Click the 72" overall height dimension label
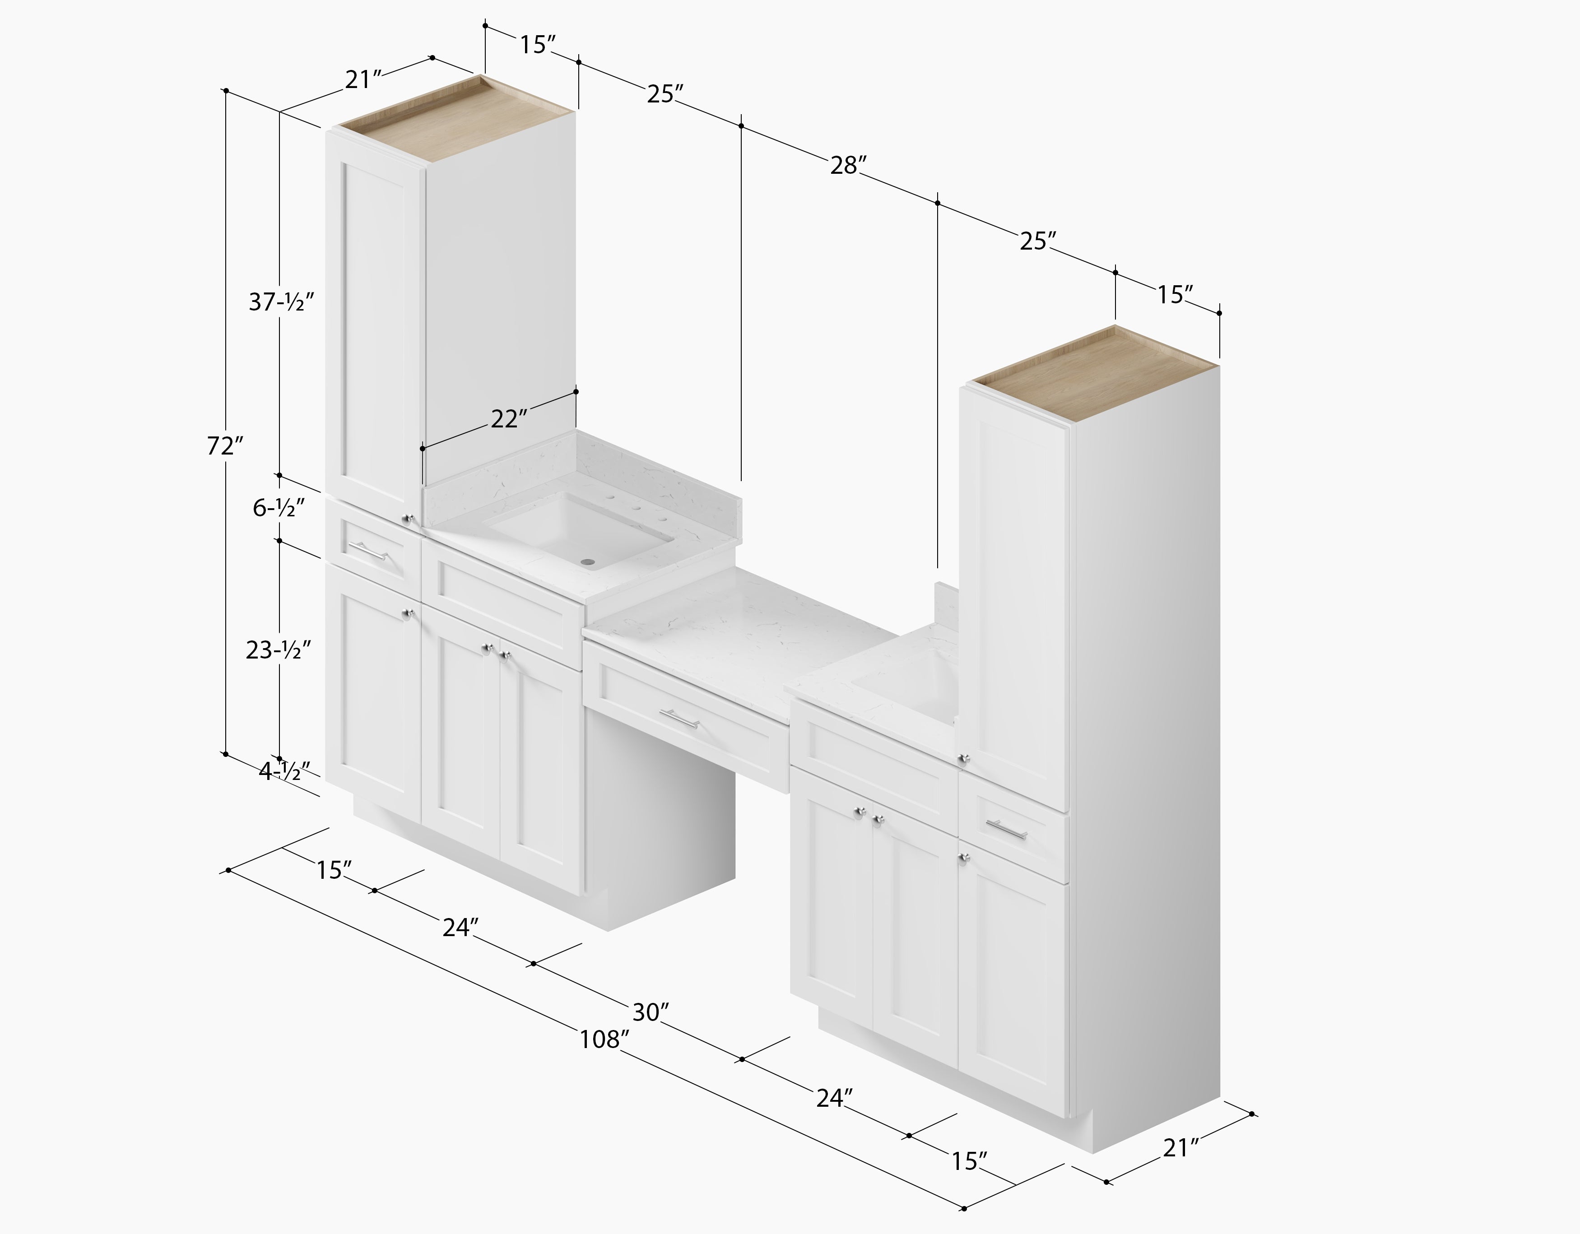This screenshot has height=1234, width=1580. click(225, 446)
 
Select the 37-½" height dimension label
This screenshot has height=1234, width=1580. click(281, 302)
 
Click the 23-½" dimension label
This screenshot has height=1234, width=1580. click(279, 650)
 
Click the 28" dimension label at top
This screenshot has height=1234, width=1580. click(848, 166)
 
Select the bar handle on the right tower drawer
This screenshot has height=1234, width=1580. click(1006, 830)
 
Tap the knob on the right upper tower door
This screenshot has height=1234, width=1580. click(963, 758)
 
